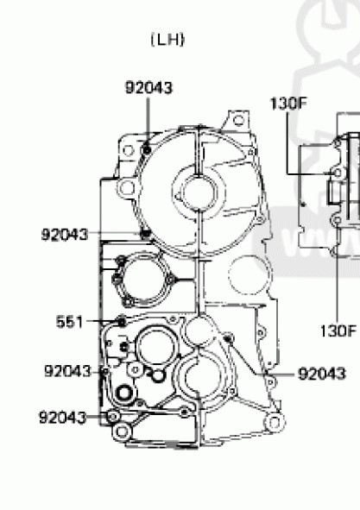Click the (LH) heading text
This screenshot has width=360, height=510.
[168, 40]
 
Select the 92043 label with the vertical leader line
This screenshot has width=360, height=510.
[148, 88]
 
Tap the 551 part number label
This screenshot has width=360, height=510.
[69, 322]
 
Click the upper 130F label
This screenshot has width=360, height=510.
[288, 104]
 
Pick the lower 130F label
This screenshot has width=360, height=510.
[338, 331]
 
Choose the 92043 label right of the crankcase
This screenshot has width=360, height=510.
[322, 374]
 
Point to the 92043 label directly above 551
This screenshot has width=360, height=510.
[65, 234]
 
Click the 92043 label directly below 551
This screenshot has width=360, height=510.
[67, 371]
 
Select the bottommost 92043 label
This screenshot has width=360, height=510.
[62, 418]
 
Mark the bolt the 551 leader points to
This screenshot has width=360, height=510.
[122, 322]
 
